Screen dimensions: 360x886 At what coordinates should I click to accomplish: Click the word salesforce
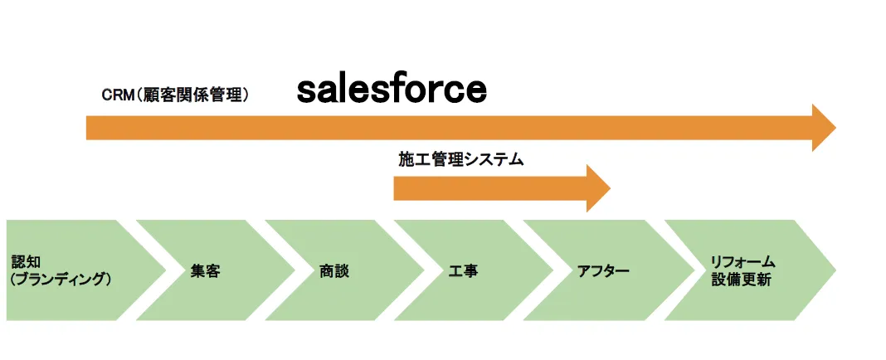click(392, 90)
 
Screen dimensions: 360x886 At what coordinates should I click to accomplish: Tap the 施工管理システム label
click(460, 160)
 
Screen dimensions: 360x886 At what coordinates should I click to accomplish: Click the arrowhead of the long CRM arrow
click(822, 128)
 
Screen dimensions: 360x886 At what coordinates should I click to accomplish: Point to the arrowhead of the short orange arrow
click(596, 188)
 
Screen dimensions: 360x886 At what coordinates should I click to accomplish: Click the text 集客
click(205, 271)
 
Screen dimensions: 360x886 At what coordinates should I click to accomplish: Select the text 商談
click(333, 271)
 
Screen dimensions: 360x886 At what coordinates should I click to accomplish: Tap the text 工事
click(463, 271)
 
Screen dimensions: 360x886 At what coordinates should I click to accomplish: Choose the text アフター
click(603, 271)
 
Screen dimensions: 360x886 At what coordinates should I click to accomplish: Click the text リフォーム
click(742, 262)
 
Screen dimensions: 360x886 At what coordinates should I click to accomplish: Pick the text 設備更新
click(741, 280)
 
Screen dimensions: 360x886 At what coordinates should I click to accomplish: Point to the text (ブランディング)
click(61, 280)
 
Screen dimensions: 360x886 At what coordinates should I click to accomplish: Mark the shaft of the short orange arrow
click(489, 188)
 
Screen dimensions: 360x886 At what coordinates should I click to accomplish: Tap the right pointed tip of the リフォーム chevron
click(832, 270)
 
